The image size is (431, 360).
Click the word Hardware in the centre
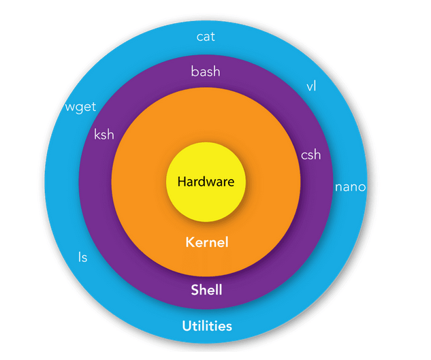click(x=206, y=182)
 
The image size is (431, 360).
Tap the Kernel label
click(x=207, y=242)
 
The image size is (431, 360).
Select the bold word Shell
click(x=206, y=290)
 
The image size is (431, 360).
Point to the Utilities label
click(x=207, y=326)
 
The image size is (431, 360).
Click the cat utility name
click(x=206, y=37)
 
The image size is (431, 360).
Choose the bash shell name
click(x=206, y=71)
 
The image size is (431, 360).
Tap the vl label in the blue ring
click(x=311, y=86)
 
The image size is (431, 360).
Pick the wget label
click(x=80, y=107)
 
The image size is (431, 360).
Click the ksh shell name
click(x=104, y=134)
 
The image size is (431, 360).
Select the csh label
click(x=311, y=154)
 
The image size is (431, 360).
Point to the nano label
click(x=351, y=187)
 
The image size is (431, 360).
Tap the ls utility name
click(x=83, y=257)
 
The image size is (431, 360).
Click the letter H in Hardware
click(x=182, y=182)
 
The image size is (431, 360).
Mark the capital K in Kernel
click(x=190, y=242)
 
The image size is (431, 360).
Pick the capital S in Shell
click(x=195, y=290)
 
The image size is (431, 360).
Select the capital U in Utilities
click(x=187, y=326)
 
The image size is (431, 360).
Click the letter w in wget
click(x=70, y=107)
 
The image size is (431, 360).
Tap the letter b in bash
click(x=195, y=71)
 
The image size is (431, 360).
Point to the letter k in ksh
click(x=97, y=134)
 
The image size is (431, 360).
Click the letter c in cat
click(x=199, y=37)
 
